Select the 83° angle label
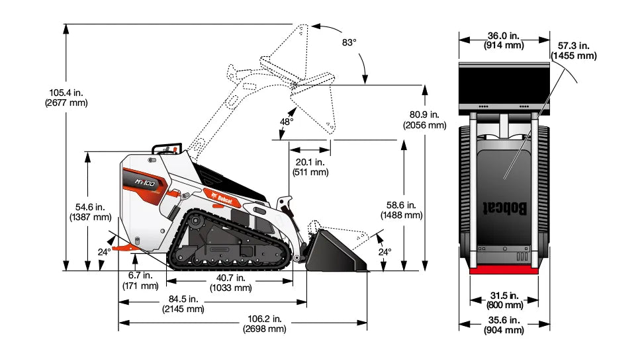pyautogui.click(x=349, y=42)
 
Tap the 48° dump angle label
pyautogui.click(x=286, y=122)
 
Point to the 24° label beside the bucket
pyautogui.click(x=385, y=252)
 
